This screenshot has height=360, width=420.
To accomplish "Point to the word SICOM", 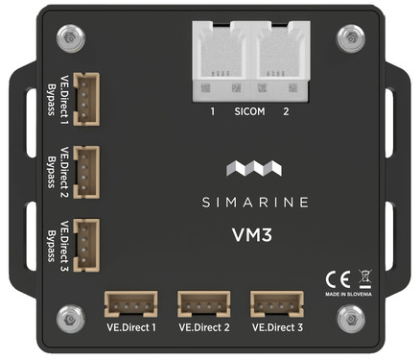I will pos(250,112).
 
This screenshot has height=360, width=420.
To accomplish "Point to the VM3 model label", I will pos(250,234).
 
